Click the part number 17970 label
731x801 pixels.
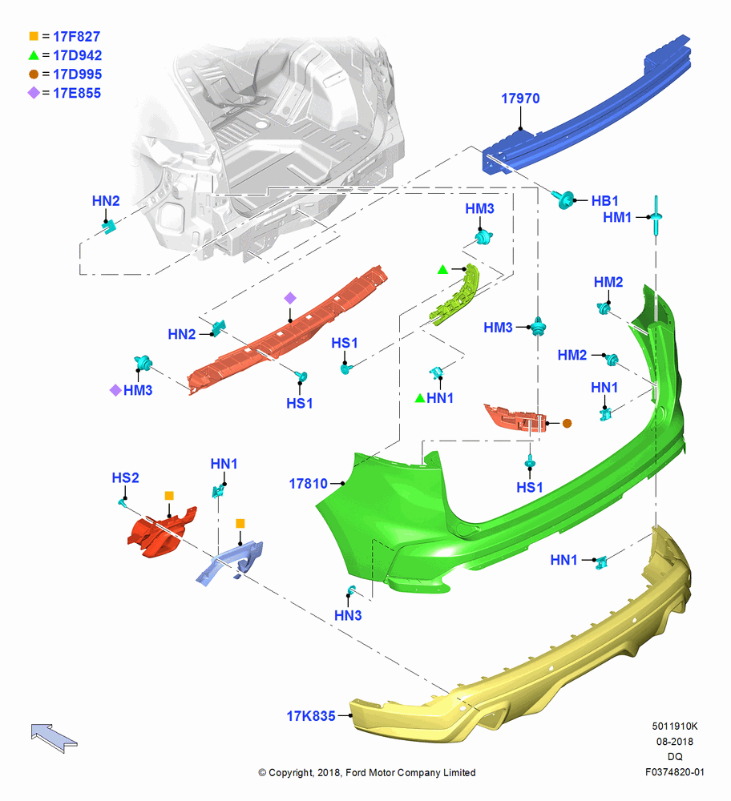pos(520,98)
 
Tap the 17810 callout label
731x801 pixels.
pos(309,483)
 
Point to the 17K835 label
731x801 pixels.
pos(311,715)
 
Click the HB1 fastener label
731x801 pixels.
pos(604,201)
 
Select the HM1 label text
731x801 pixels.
pos(617,217)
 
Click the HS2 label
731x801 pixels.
pos(125,477)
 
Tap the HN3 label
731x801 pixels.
pos(348,615)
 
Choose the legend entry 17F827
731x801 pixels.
pos(77,36)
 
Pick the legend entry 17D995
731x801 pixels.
pos(77,74)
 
